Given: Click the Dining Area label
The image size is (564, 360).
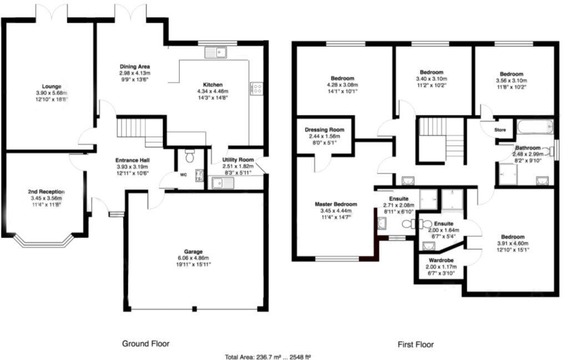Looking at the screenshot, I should coord(134,67).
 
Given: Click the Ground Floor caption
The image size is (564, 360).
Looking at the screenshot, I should coord(145,344).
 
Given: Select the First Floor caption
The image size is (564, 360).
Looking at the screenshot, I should coord(415,344).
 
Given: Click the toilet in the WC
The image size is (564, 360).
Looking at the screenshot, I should coord(189,157).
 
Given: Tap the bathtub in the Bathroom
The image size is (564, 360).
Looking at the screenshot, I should coord(533,128).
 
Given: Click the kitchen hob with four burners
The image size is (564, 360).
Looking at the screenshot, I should coord(258,87).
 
